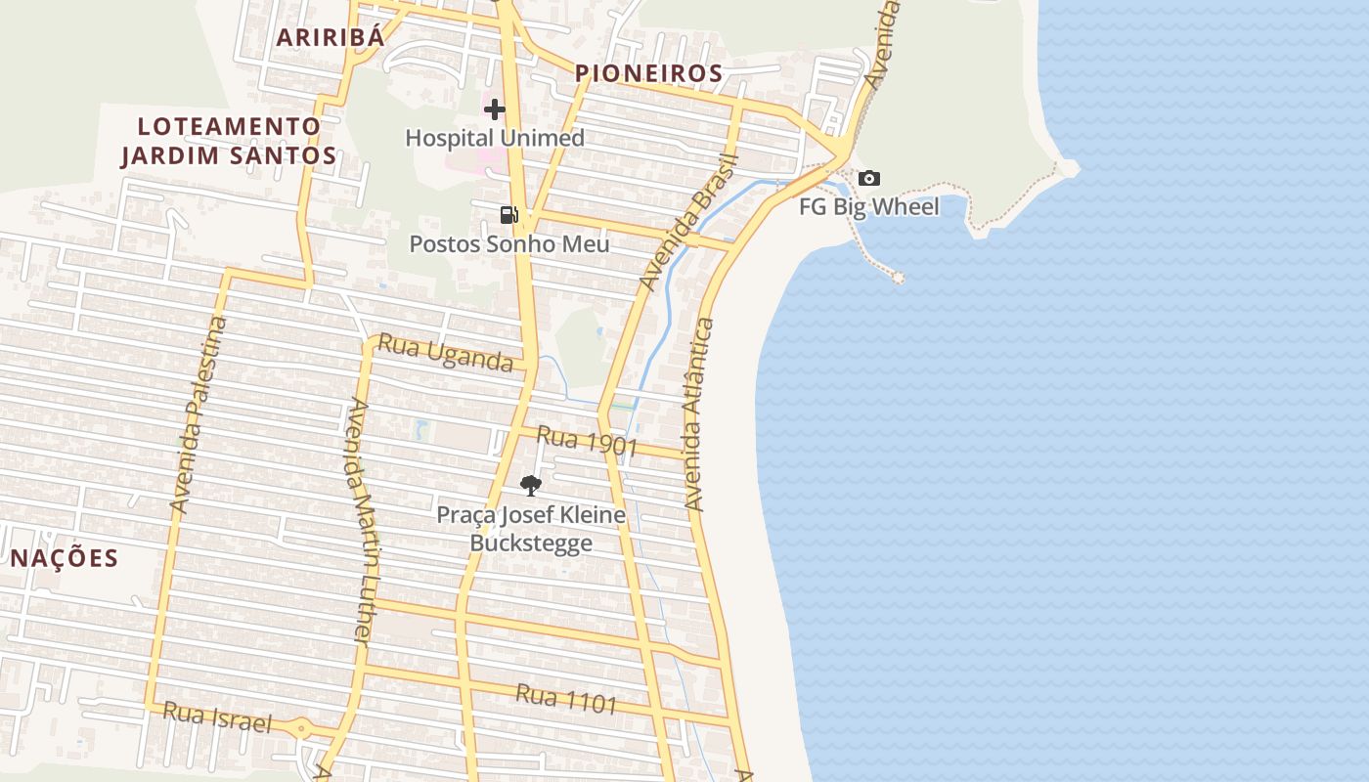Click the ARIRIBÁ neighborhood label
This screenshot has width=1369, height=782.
pyautogui.click(x=330, y=37)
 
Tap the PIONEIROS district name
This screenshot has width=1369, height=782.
pyautogui.click(x=648, y=73)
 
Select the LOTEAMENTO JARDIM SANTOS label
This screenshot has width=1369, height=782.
pyautogui.click(x=229, y=141)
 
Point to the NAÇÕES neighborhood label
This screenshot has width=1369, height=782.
pyautogui.click(x=65, y=558)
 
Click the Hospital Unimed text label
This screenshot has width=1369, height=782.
pyautogui.click(x=495, y=138)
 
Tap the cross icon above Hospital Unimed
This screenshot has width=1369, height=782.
pyautogui.click(x=495, y=109)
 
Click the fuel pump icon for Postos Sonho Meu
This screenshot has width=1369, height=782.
pyautogui.click(x=508, y=215)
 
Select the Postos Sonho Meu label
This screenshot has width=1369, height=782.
pyautogui.click(x=508, y=243)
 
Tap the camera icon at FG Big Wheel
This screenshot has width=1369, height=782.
pyautogui.click(x=868, y=178)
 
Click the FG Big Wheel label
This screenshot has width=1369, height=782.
pyautogui.click(x=868, y=206)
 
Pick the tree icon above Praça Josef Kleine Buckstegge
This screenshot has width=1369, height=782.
pyautogui.click(x=531, y=485)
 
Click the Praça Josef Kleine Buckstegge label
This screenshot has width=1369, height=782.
pyautogui.click(x=531, y=528)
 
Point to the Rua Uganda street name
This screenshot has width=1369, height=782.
pyautogui.click(x=445, y=353)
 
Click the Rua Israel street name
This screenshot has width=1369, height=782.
pyautogui.click(x=216, y=717)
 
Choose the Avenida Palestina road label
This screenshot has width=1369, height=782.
pyautogui.click(x=199, y=415)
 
